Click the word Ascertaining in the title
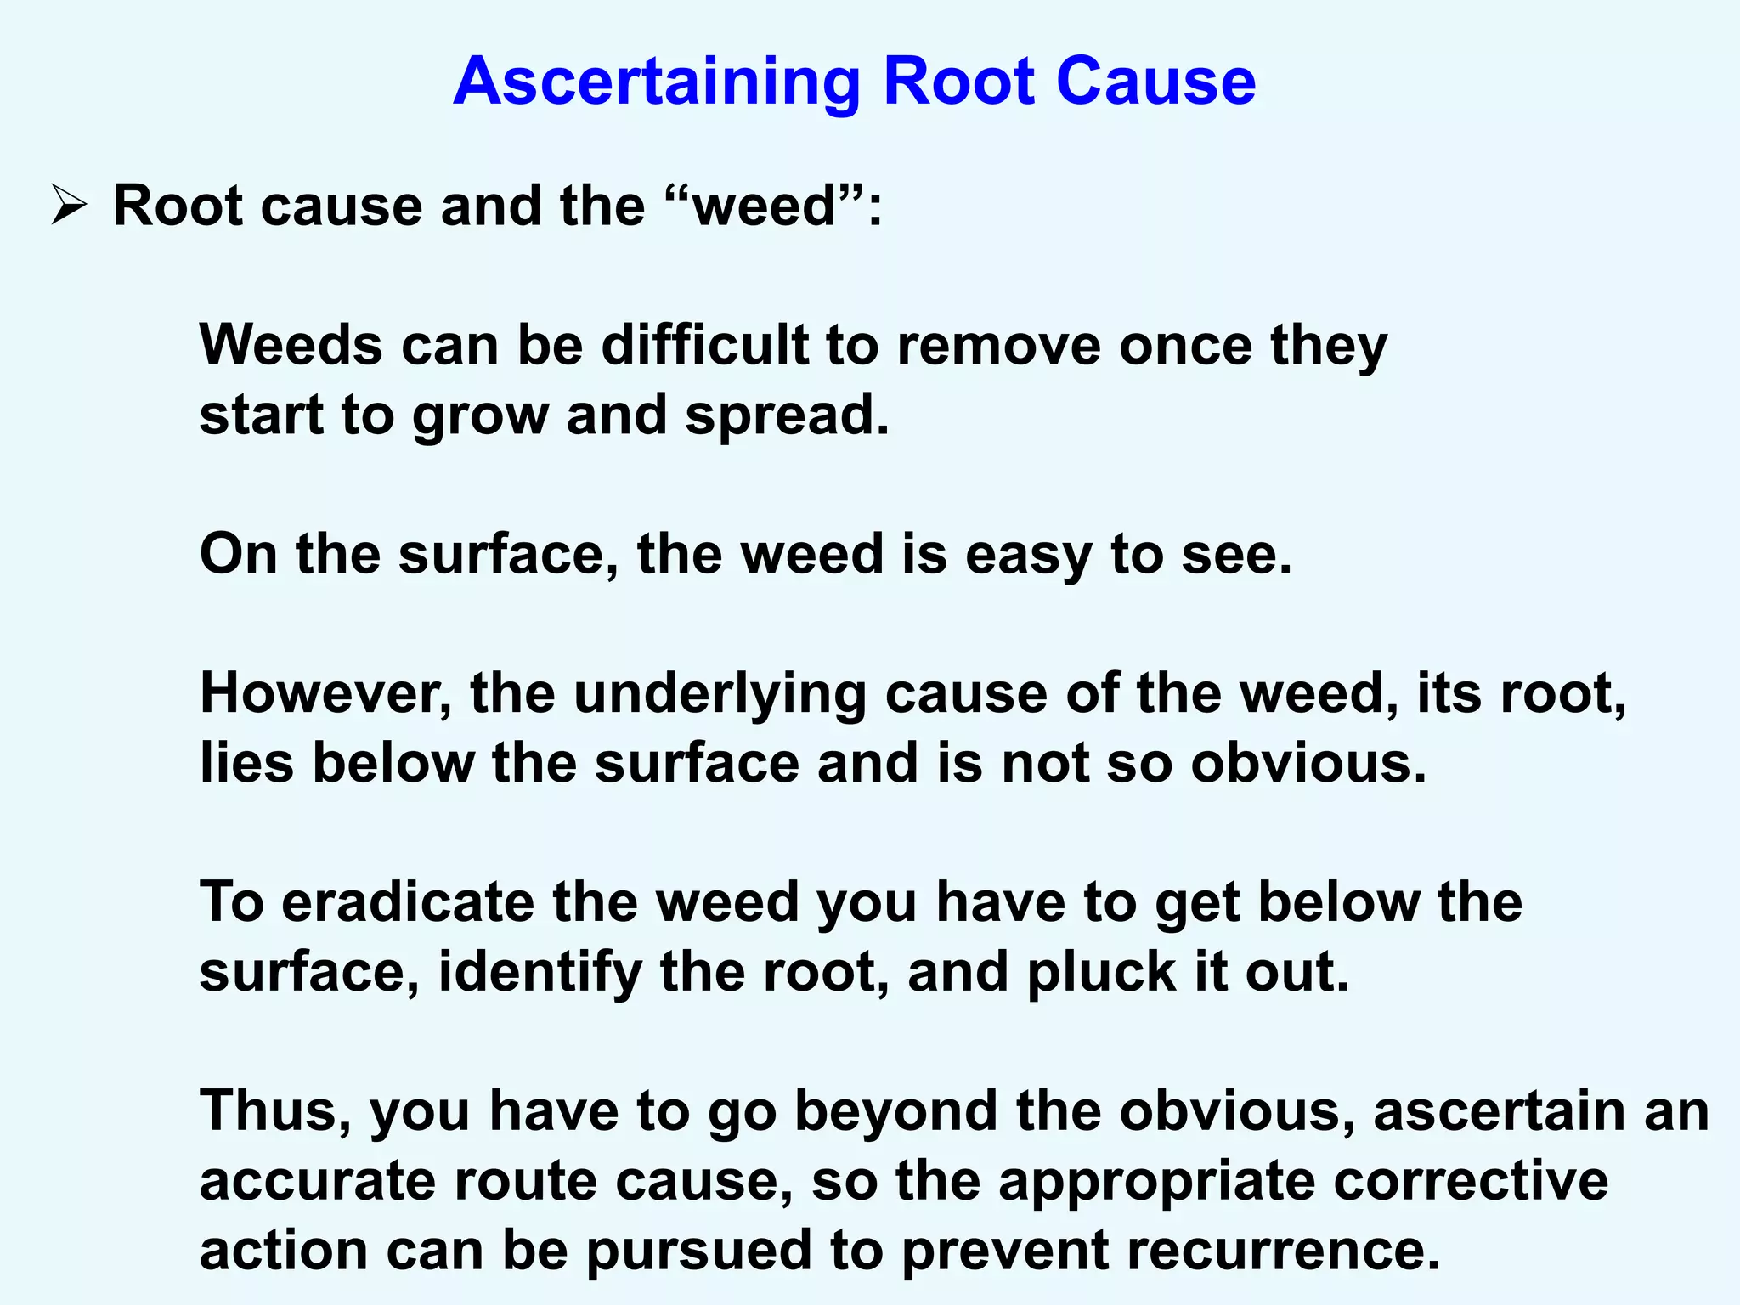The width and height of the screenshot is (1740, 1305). click(x=657, y=82)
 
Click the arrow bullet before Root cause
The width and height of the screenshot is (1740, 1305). click(x=68, y=206)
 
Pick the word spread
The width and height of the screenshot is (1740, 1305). click(x=786, y=416)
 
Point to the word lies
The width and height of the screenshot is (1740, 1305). click(x=246, y=763)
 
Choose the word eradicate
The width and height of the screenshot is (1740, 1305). click(x=409, y=902)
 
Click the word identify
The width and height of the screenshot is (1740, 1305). click(x=540, y=973)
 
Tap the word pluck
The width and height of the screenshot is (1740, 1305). click(x=1101, y=973)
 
